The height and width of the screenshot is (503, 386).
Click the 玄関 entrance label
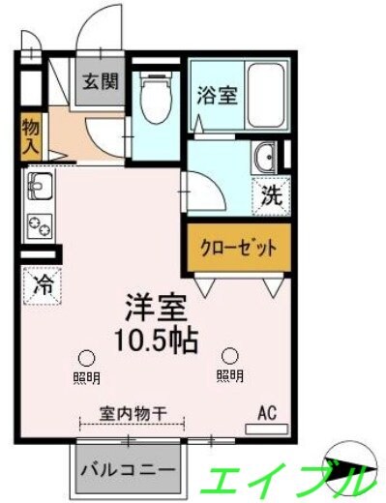click(100, 81)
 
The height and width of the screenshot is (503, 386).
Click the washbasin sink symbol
click(262, 159)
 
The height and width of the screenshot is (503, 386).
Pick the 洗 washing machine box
click(270, 195)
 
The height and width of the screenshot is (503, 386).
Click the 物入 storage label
click(31, 136)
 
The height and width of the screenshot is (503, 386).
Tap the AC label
click(267, 413)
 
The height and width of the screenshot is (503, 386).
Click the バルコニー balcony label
click(129, 470)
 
